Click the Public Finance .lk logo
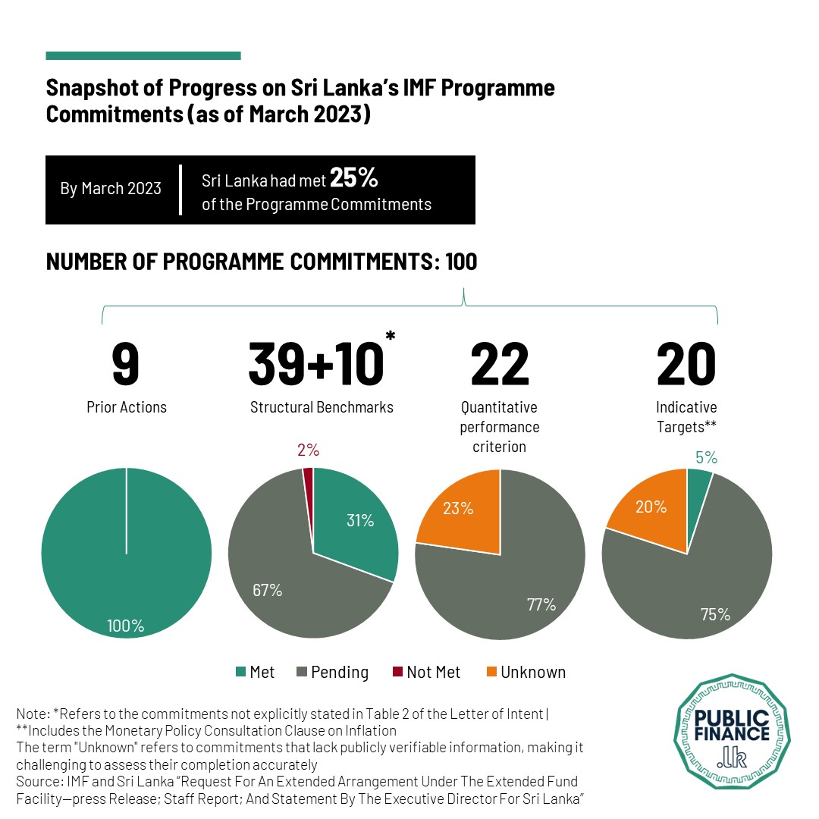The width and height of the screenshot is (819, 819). [733, 733]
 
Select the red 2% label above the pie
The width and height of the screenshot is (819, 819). [308, 450]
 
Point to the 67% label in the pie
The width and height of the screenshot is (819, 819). [266, 590]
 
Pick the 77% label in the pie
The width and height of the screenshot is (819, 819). [541, 604]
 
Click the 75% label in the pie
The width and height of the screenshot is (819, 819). [715, 614]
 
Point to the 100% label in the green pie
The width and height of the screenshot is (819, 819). [126, 626]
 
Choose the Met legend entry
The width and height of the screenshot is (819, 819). [255, 672]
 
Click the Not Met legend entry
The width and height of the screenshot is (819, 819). [426, 672]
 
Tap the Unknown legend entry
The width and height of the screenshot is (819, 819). [525, 672]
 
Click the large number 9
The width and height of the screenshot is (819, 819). [126, 365]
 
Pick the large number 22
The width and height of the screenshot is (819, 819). [500, 365]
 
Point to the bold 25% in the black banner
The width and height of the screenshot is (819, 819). [354, 179]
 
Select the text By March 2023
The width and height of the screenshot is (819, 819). [111, 188]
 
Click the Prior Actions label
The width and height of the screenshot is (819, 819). [127, 407]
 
